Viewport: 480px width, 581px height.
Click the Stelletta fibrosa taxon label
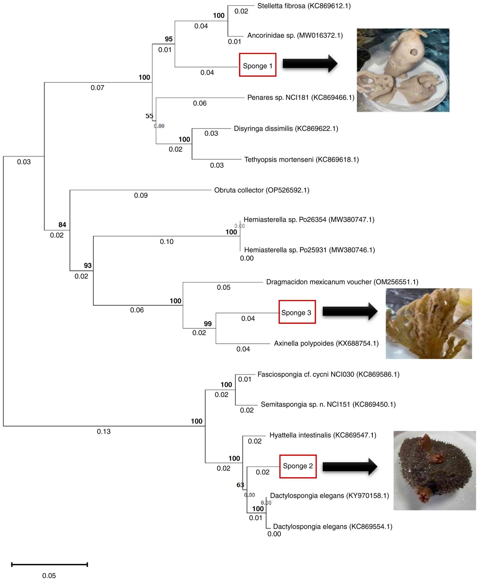(x=304, y=6)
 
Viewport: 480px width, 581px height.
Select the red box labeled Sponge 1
(x=257, y=65)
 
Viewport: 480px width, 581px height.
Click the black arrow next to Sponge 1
(x=309, y=64)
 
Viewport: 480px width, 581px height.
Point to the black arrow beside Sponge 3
(x=350, y=311)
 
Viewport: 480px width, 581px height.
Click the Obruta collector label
(x=261, y=190)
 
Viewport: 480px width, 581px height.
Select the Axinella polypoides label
(x=326, y=343)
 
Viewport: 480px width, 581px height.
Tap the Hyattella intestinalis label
(x=322, y=435)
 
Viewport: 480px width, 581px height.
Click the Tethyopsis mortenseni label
(x=301, y=160)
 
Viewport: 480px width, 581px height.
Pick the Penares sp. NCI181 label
(x=300, y=97)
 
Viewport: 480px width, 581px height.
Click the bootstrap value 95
(x=169, y=39)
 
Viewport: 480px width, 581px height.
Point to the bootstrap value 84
(x=62, y=225)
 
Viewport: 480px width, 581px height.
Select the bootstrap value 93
(x=88, y=265)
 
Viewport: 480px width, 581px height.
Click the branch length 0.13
(x=104, y=431)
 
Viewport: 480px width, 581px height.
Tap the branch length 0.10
(x=167, y=241)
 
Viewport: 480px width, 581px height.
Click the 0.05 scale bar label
(x=49, y=576)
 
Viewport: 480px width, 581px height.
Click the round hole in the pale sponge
(x=414, y=52)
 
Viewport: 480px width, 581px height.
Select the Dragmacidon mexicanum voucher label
(x=342, y=282)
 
